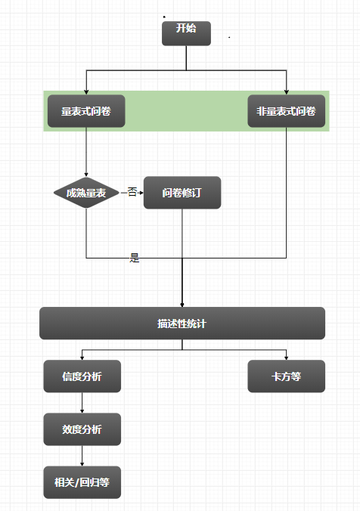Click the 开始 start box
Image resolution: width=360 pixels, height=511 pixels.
click(186, 33)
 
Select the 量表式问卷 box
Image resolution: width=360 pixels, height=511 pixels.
click(86, 111)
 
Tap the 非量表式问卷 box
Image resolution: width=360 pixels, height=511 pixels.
click(287, 111)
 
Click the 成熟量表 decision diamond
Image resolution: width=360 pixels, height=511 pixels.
click(86, 193)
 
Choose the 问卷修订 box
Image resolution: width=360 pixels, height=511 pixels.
click(182, 193)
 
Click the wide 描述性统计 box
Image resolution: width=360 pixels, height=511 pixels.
click(182, 324)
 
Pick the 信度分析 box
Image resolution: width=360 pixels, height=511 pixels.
click(82, 376)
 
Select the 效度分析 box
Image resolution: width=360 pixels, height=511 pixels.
click(82, 429)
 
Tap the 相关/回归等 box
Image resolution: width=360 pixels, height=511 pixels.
click(82, 482)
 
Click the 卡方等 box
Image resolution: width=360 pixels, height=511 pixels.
click(287, 376)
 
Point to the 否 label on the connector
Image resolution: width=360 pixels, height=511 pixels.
click(132, 192)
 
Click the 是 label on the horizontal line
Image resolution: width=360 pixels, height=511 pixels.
click(135, 258)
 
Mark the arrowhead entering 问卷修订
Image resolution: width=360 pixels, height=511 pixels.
click(141, 193)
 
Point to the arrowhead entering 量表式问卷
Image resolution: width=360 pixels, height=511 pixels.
click(86, 92)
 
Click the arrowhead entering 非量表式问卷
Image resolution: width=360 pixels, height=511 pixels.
click(287, 92)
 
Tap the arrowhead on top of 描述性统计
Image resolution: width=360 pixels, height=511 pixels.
click(182, 305)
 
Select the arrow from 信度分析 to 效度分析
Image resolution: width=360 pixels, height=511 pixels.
click(82, 403)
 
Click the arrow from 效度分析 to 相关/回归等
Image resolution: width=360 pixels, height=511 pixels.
click(82, 456)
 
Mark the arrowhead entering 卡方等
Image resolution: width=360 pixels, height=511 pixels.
click(287, 358)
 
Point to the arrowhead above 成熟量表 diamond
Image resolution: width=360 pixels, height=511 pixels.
click(86, 175)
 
